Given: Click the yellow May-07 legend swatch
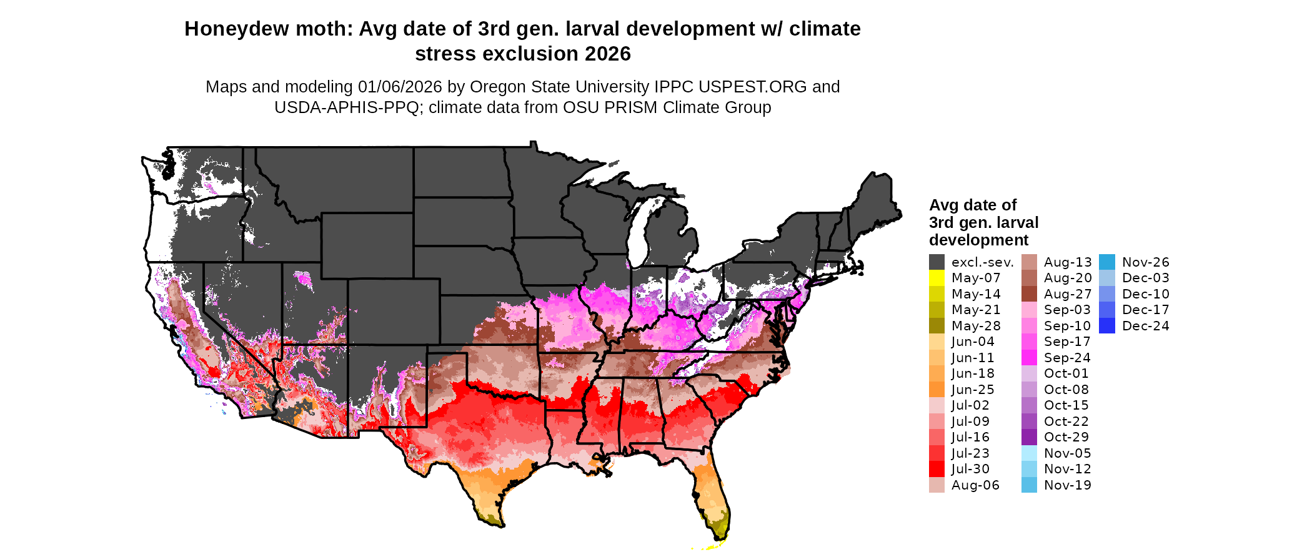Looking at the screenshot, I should tap(937, 278).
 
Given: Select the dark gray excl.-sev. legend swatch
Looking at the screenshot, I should tap(937, 262).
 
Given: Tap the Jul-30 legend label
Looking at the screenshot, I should tap(970, 469).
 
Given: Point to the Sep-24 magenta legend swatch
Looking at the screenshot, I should tap(1029, 358).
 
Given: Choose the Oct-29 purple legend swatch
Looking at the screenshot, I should tap(1029, 437).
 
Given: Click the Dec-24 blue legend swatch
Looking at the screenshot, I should tap(1106, 326).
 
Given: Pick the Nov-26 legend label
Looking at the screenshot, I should tap(1145, 262).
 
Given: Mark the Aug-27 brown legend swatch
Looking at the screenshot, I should tap(1029, 294).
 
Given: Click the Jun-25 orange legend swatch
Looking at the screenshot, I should tap(937, 390).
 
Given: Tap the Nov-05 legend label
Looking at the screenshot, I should tap(1067, 453).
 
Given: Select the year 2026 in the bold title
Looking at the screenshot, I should tap(608, 54).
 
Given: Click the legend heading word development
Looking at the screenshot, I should tap(978, 240).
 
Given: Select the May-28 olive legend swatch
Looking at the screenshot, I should tap(937, 326).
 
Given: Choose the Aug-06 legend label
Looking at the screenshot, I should tap(975, 485).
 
